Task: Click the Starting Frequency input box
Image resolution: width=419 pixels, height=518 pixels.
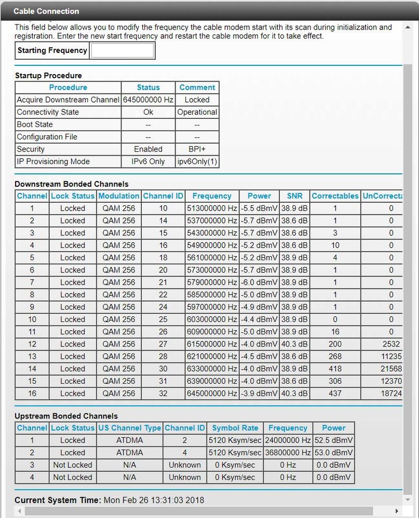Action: coord(123,50)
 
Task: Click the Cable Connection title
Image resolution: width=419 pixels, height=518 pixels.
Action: coord(46,11)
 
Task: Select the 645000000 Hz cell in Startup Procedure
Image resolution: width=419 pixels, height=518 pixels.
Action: coord(148,100)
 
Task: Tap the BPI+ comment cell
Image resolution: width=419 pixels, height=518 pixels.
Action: coord(197,149)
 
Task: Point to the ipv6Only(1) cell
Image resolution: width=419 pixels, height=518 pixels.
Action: coord(197,161)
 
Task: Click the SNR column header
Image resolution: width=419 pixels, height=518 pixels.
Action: coord(294,196)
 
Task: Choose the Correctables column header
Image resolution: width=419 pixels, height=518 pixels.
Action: coord(335,196)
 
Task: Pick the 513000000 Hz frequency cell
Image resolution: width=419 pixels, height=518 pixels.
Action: coord(212,208)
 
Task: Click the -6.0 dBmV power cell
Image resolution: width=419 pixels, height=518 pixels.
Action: coord(259,282)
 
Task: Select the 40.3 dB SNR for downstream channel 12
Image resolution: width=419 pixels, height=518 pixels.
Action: coord(294,344)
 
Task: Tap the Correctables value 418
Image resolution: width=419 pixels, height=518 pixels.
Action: coord(335,369)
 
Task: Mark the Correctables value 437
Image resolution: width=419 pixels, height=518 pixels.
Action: coord(335,393)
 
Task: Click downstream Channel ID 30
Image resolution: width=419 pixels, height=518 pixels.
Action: coord(163,369)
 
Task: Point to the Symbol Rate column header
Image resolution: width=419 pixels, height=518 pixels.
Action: coord(235,428)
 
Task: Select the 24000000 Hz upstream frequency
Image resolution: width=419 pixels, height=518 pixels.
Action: coord(288,440)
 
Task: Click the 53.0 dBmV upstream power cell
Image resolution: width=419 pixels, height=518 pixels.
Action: coord(333,453)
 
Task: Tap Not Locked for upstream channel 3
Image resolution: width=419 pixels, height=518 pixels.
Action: coord(72,465)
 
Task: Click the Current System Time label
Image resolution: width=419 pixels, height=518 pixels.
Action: coord(58,500)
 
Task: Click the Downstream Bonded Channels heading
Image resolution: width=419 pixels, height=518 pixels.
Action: coord(71,184)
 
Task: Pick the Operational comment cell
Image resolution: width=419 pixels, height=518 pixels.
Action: coord(197,112)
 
